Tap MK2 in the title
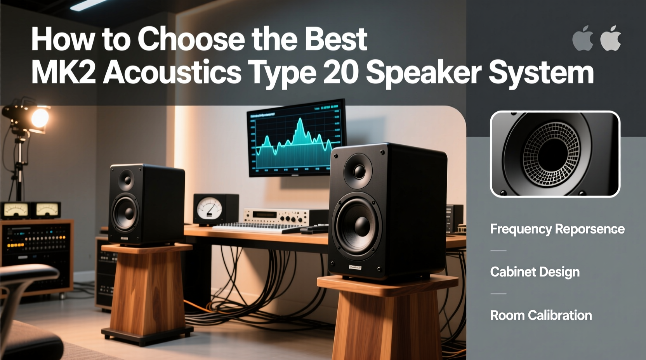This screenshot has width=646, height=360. (x=63, y=73)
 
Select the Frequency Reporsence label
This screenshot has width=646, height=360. (x=557, y=229)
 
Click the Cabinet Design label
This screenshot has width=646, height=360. (x=535, y=272)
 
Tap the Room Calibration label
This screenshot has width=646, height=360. (x=541, y=315)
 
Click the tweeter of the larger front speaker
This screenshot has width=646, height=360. (x=358, y=171)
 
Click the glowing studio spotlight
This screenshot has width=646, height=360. (x=39, y=117)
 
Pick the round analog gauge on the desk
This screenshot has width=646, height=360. (x=209, y=209)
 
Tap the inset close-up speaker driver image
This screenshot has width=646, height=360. (x=555, y=154)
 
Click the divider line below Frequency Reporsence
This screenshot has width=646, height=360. (x=498, y=251)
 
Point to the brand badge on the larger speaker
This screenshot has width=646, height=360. (x=355, y=267)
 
